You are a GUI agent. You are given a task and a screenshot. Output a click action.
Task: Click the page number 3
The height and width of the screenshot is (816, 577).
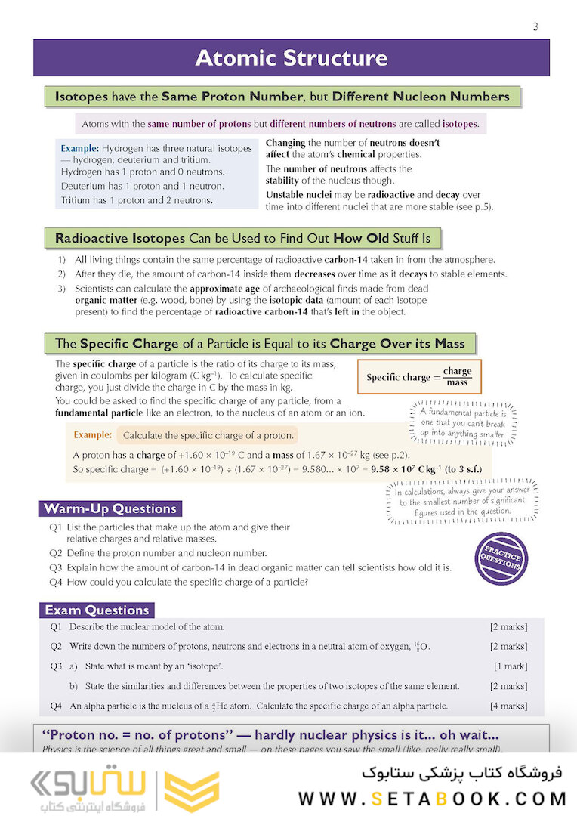(535, 27)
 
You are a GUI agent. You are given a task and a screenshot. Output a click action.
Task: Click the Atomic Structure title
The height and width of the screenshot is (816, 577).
(291, 58)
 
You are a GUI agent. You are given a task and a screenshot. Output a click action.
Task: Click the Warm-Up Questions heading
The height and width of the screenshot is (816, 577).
(110, 508)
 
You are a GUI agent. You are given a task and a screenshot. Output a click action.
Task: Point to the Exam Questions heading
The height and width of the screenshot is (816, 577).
(97, 610)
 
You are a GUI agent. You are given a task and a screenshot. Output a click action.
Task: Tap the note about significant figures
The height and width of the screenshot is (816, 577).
(455, 501)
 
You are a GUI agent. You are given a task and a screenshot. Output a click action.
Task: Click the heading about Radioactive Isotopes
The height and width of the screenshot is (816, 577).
(242, 239)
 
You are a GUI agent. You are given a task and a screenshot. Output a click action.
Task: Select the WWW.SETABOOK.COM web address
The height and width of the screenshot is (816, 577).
(432, 798)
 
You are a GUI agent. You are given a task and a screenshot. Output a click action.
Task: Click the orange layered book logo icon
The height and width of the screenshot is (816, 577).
(181, 790)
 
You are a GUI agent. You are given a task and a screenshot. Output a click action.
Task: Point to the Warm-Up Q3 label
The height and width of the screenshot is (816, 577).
(56, 567)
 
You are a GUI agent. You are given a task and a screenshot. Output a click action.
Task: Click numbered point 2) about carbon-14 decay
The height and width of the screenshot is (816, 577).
(61, 274)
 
